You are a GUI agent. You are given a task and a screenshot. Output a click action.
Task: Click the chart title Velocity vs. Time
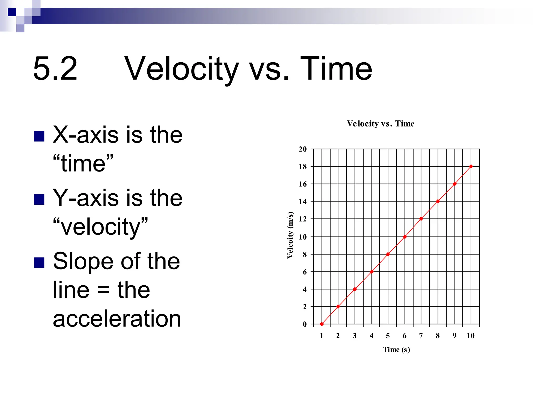click(380, 124)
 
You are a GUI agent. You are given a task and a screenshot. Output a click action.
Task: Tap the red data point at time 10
click(471, 166)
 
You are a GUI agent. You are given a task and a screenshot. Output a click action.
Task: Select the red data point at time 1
click(322, 324)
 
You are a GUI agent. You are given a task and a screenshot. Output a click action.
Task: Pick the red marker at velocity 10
click(405, 237)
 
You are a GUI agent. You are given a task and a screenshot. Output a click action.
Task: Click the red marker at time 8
click(438, 201)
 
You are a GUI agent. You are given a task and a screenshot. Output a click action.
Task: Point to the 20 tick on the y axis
click(303, 149)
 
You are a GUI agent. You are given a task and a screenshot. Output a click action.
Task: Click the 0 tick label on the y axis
click(305, 324)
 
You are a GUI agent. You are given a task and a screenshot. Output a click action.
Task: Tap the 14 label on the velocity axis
click(303, 202)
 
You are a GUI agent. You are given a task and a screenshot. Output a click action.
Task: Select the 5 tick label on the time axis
click(388, 336)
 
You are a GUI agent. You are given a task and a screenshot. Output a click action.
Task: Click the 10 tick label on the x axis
click(470, 336)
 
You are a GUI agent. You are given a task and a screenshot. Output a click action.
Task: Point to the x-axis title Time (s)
click(396, 350)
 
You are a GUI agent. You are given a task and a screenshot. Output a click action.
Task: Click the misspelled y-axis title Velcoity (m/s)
click(290, 235)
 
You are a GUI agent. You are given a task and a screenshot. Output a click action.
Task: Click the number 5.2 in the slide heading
click(55, 69)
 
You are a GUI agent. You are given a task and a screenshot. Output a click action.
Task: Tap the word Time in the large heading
click(336, 69)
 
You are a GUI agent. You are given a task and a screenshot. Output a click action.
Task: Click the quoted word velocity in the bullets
click(100, 227)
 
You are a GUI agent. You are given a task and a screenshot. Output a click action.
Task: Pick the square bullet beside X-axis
click(39, 136)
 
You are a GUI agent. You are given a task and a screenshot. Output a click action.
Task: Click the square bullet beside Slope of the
click(39, 262)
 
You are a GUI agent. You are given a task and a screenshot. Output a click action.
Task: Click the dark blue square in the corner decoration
click(12, 12)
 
